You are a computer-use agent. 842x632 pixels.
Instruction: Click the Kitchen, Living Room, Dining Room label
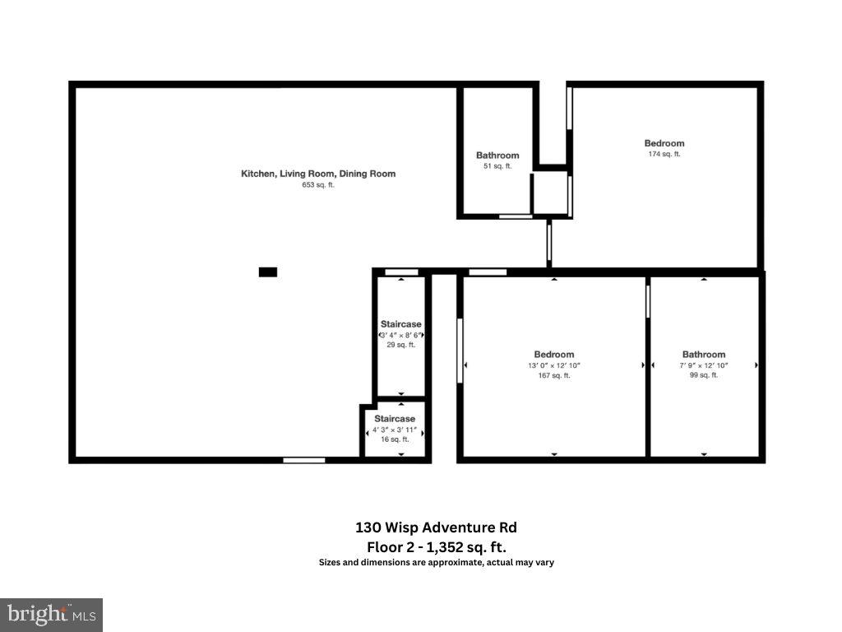pos(317,174)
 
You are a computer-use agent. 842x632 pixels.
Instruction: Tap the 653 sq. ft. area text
pos(318,185)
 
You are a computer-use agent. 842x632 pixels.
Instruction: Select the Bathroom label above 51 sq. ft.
pos(497,156)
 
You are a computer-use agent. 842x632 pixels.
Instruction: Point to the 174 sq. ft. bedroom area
pos(664,154)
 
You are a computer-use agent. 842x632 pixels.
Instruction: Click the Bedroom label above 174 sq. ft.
pos(664,143)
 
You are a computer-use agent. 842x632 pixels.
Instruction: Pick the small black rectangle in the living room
pos(268,272)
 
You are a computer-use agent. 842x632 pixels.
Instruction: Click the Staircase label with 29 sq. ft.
pos(400,324)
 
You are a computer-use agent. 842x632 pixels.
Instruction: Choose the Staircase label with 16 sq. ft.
pos(395,419)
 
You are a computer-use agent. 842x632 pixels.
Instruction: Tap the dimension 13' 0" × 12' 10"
pos(553,365)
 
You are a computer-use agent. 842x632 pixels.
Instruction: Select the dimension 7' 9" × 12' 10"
pos(703,365)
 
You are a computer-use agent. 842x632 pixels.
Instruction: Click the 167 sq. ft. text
pos(553,376)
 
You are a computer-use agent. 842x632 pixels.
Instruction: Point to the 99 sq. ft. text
pos(703,375)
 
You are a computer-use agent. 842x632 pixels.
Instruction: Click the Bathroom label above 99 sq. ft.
pos(703,355)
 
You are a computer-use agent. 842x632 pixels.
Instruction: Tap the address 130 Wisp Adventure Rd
pos(436,527)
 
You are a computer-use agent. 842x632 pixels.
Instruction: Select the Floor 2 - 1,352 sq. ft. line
pos(436,546)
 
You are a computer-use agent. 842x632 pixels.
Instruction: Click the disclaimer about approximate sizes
pos(436,563)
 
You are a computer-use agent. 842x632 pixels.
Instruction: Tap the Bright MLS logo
pos(51,614)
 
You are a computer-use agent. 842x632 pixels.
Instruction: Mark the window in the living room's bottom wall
pos(304,460)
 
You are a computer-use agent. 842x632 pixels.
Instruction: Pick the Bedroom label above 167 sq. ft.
pos(553,355)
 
